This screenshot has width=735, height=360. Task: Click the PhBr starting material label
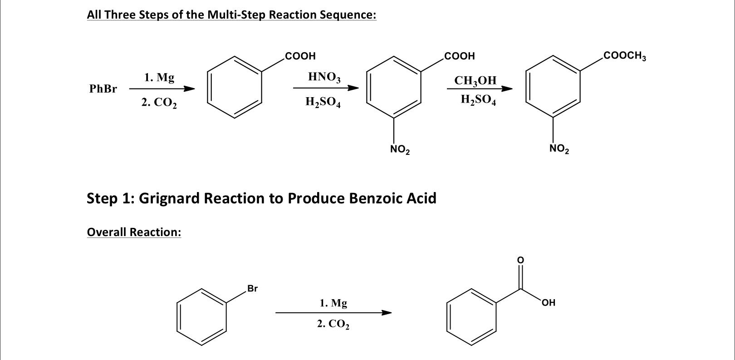[x=103, y=89]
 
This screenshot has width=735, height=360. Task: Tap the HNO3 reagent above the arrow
[x=323, y=77]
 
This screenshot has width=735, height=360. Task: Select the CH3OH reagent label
[x=475, y=81]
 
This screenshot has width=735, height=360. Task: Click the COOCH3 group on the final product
[x=624, y=56]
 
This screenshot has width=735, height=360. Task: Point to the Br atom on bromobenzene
[x=252, y=288]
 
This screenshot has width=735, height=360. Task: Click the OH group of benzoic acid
[x=548, y=302]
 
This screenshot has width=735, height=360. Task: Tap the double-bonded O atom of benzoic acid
[x=520, y=260]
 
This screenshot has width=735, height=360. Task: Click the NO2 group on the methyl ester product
[x=559, y=148]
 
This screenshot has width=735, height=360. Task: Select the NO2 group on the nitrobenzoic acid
[x=400, y=149]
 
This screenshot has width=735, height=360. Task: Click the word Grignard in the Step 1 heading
[x=169, y=198]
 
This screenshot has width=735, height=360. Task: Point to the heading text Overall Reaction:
[x=134, y=232]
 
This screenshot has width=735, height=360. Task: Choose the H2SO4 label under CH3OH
[x=478, y=100]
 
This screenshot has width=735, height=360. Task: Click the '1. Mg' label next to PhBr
[x=159, y=78]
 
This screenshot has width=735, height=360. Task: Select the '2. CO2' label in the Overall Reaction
[x=333, y=324]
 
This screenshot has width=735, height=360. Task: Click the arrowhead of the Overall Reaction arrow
[x=386, y=312]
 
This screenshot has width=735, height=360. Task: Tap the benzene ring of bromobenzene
[x=201, y=316]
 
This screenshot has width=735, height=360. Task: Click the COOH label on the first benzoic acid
[x=300, y=56]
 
